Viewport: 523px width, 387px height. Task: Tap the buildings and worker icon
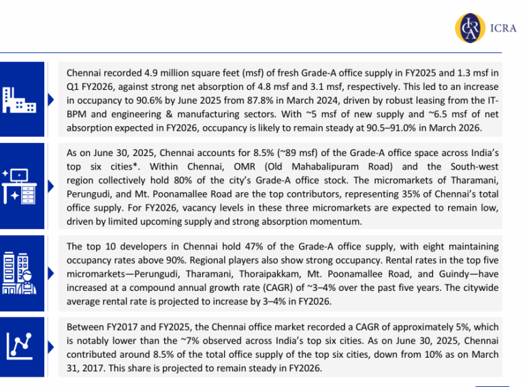(x=18, y=273)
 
